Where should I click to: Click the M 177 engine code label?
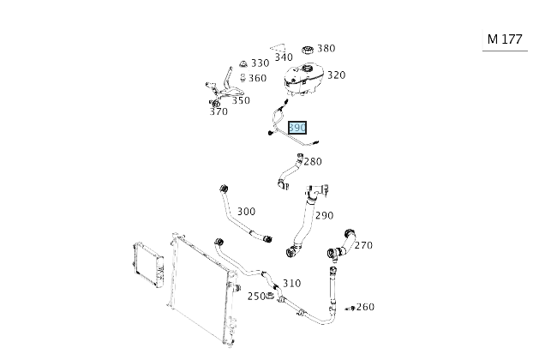pyautogui.click(x=504, y=39)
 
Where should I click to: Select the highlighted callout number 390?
pyautogui.click(x=297, y=128)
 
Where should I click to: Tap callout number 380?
pyautogui.click(x=326, y=48)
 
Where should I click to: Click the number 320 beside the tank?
pyautogui.click(x=336, y=75)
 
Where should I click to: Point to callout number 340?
pyautogui.click(x=283, y=57)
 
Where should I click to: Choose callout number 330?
pyautogui.click(x=260, y=63)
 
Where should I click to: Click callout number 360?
pyautogui.click(x=257, y=78)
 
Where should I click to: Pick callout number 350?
pyautogui.click(x=241, y=100)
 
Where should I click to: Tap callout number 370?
pyautogui.click(x=219, y=111)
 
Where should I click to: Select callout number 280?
pyautogui.click(x=313, y=161)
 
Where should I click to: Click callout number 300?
pyautogui.click(x=246, y=211)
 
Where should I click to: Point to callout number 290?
pyautogui.click(x=324, y=215)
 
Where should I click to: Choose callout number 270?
pyautogui.click(x=363, y=245)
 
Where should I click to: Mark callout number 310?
pyautogui.click(x=291, y=283)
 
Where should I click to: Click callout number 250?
pyautogui.click(x=256, y=297)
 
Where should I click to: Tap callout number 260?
pyautogui.click(x=365, y=307)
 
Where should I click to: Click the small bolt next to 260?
pyautogui.click(x=350, y=307)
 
